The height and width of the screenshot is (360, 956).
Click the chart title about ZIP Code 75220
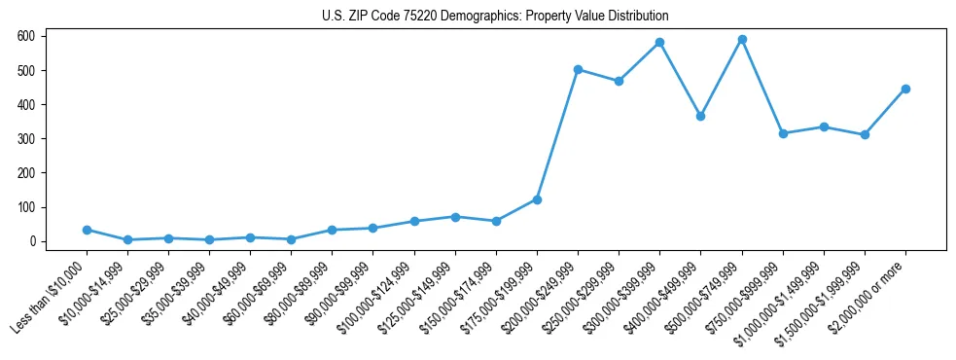[495, 17]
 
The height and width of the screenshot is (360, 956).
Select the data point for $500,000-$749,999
[742, 40]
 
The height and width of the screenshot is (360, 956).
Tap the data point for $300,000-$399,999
[660, 43]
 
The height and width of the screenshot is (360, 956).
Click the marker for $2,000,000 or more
[905, 89]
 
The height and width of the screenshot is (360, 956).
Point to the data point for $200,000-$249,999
[578, 70]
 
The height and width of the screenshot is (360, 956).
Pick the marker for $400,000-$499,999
[701, 116]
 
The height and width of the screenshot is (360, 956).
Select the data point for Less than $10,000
[87, 230]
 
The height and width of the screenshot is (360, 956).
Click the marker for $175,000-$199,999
[537, 199]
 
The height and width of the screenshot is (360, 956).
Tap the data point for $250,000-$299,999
[619, 81]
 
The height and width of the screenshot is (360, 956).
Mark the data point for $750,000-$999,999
[783, 133]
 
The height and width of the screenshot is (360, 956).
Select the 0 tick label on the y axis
[32, 241]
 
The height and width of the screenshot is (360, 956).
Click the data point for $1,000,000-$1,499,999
[824, 126]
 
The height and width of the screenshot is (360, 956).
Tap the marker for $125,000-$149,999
[455, 217]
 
